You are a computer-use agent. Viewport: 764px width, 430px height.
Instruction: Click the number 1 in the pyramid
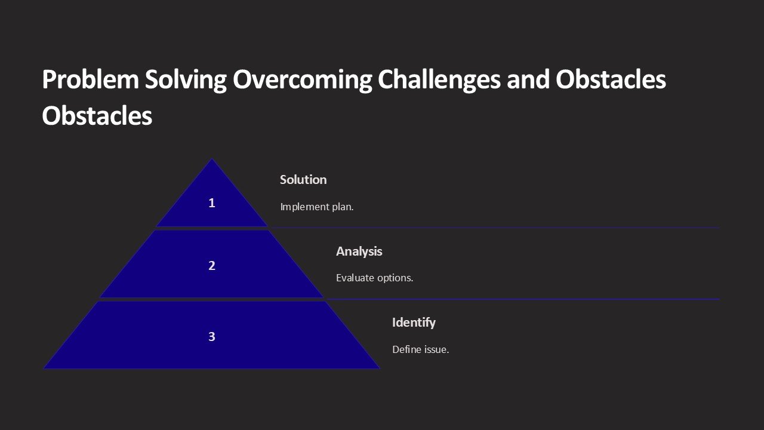(x=211, y=203)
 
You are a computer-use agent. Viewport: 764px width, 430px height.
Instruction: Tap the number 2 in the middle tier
(x=211, y=266)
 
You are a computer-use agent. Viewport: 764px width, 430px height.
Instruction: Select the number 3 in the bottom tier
(x=211, y=337)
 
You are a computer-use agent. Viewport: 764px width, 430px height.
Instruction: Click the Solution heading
(x=303, y=180)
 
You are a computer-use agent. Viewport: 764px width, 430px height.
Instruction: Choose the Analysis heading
(x=359, y=251)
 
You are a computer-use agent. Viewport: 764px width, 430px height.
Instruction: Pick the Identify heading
(x=414, y=322)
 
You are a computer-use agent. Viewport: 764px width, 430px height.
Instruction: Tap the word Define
(x=406, y=349)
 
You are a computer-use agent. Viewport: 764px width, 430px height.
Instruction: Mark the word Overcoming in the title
(x=302, y=80)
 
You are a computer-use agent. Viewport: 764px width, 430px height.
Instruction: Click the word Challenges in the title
(x=439, y=80)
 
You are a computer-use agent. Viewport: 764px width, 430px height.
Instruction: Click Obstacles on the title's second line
(x=97, y=116)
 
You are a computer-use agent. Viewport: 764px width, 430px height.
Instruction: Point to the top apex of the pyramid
(x=212, y=159)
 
